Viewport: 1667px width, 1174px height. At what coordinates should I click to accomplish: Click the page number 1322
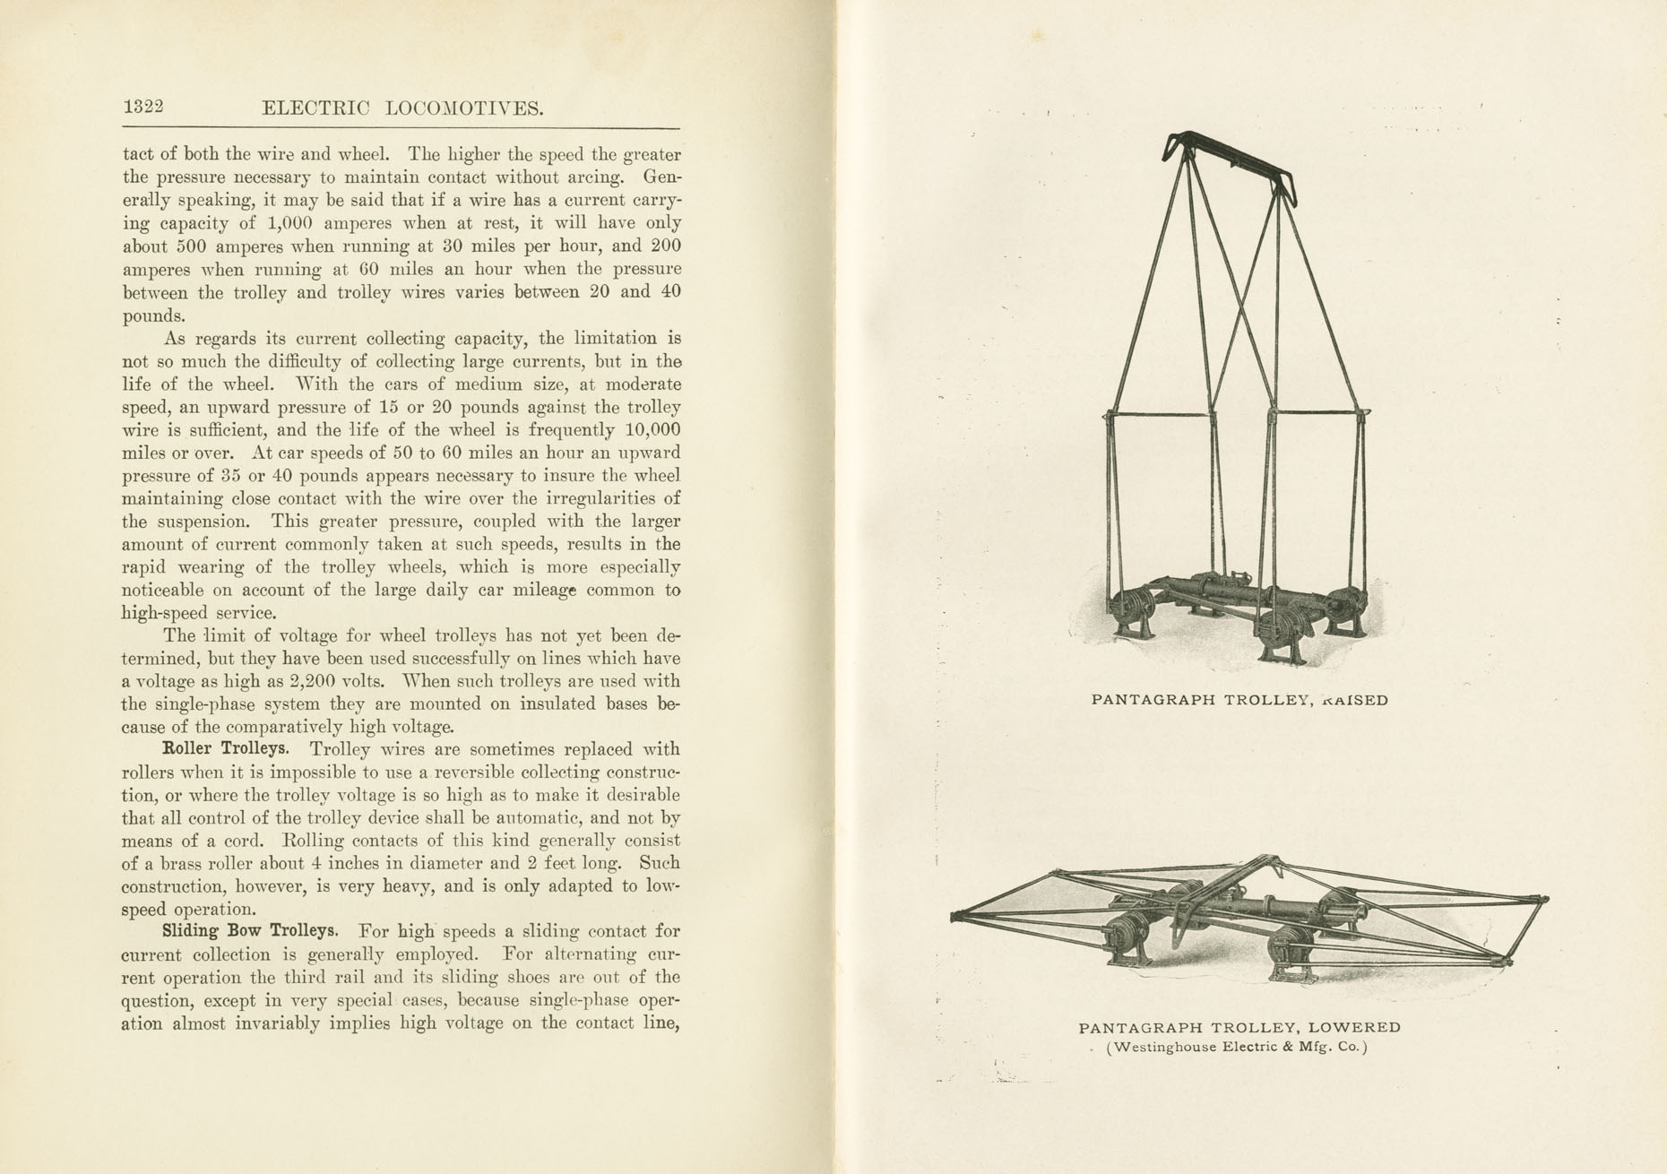[143, 107]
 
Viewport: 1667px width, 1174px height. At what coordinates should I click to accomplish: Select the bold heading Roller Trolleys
[225, 748]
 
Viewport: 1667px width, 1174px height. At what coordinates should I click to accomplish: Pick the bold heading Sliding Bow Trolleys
[250, 931]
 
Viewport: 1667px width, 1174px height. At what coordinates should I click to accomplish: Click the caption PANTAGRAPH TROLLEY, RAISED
[1239, 700]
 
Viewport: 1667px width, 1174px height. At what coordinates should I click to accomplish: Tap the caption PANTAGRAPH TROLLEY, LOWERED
[1239, 1028]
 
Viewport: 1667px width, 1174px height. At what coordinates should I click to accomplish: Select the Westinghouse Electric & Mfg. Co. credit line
[1237, 1047]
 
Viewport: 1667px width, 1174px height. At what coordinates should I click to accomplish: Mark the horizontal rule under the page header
[401, 128]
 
